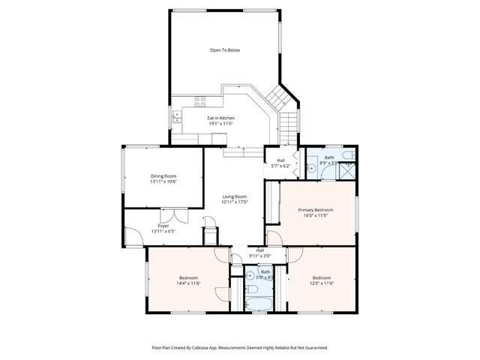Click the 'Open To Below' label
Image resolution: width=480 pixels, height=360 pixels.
pyautogui.click(x=225, y=50)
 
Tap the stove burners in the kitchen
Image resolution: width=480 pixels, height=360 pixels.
pyautogui.click(x=201, y=102)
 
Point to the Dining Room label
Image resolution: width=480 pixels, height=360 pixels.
pyautogui.click(x=163, y=175)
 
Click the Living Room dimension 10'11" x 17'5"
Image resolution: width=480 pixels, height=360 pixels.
pyautogui.click(x=234, y=202)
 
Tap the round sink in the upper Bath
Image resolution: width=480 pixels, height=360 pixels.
pyautogui.click(x=310, y=169)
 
